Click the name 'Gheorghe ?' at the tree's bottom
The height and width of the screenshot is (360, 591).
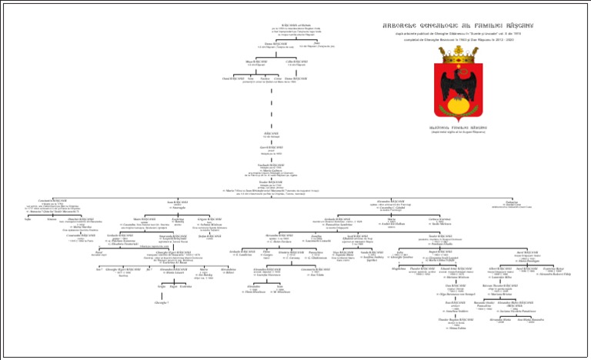pyautogui.click(x=162, y=303)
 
